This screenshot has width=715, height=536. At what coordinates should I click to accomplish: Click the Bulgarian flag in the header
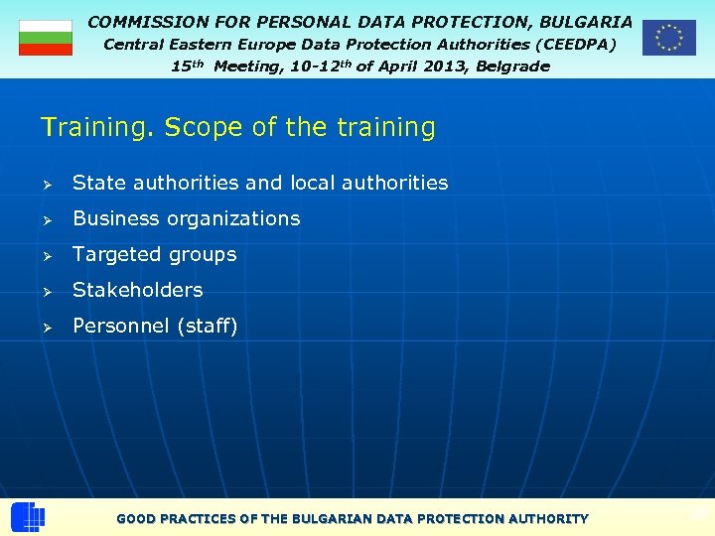[46, 38]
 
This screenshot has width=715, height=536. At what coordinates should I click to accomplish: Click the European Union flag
[668, 38]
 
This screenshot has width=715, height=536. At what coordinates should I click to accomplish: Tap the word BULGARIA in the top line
[586, 21]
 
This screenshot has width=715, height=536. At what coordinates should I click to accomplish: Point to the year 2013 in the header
[412, 67]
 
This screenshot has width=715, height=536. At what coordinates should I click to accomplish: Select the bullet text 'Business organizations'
[186, 218]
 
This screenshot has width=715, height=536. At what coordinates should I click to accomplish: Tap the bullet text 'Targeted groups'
[154, 254]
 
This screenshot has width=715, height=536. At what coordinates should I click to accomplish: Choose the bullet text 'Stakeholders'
[137, 290]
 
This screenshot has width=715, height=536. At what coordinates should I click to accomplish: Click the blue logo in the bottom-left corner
[28, 517]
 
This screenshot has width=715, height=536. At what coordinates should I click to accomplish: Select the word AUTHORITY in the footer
[548, 519]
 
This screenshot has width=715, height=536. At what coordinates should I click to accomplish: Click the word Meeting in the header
[248, 67]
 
